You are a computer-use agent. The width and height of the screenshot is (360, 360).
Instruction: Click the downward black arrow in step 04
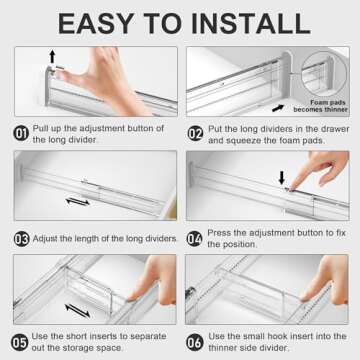(x=281, y=177)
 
